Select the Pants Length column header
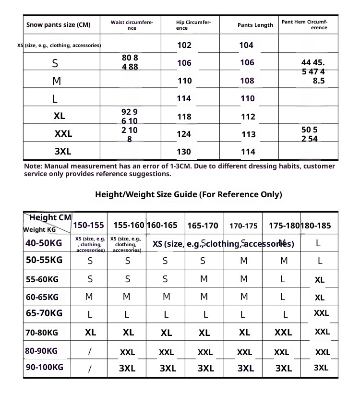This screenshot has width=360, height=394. click(x=255, y=25)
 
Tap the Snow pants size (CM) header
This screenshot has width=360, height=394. click(x=58, y=25)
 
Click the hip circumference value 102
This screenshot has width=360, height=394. click(x=184, y=46)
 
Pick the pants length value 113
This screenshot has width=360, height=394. click(x=248, y=134)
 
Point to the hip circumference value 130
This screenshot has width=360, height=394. click(x=184, y=152)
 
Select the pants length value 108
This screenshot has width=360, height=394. click(x=247, y=81)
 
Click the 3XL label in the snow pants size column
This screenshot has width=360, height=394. click(x=63, y=152)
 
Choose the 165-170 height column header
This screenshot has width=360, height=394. click(x=203, y=226)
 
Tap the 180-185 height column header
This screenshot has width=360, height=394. click(x=316, y=226)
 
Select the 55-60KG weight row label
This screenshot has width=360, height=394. click(x=42, y=279)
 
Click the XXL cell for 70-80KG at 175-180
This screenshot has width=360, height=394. click(x=283, y=333)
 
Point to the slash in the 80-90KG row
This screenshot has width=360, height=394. click(x=90, y=351)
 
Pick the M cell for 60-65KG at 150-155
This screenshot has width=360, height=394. click(x=89, y=297)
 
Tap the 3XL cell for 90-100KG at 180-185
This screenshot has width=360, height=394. click(x=321, y=368)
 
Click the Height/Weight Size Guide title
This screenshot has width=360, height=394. click(x=189, y=194)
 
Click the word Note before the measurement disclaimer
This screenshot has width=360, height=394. click(x=33, y=166)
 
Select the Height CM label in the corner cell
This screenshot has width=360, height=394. click(x=50, y=217)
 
